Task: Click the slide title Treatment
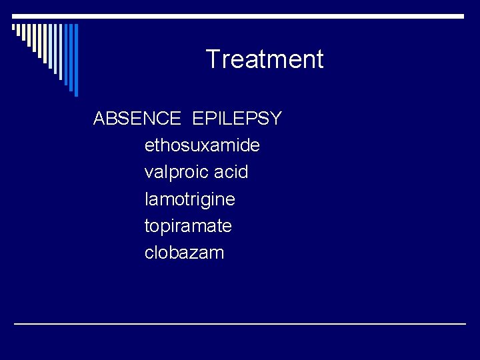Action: click(x=265, y=59)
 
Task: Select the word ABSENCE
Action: click(x=137, y=119)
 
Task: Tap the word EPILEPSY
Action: click(x=237, y=119)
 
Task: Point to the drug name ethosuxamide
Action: click(x=202, y=145)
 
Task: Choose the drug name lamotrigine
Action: click(x=189, y=199)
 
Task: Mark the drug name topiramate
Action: click(x=188, y=226)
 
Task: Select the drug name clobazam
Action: click(x=184, y=253)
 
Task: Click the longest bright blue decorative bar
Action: click(x=75, y=60)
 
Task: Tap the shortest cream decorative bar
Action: click(x=14, y=28)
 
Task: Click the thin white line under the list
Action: click(x=240, y=323)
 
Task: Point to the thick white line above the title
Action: click(x=240, y=16)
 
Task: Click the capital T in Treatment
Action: click(x=213, y=59)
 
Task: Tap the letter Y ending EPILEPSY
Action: click(x=275, y=119)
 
